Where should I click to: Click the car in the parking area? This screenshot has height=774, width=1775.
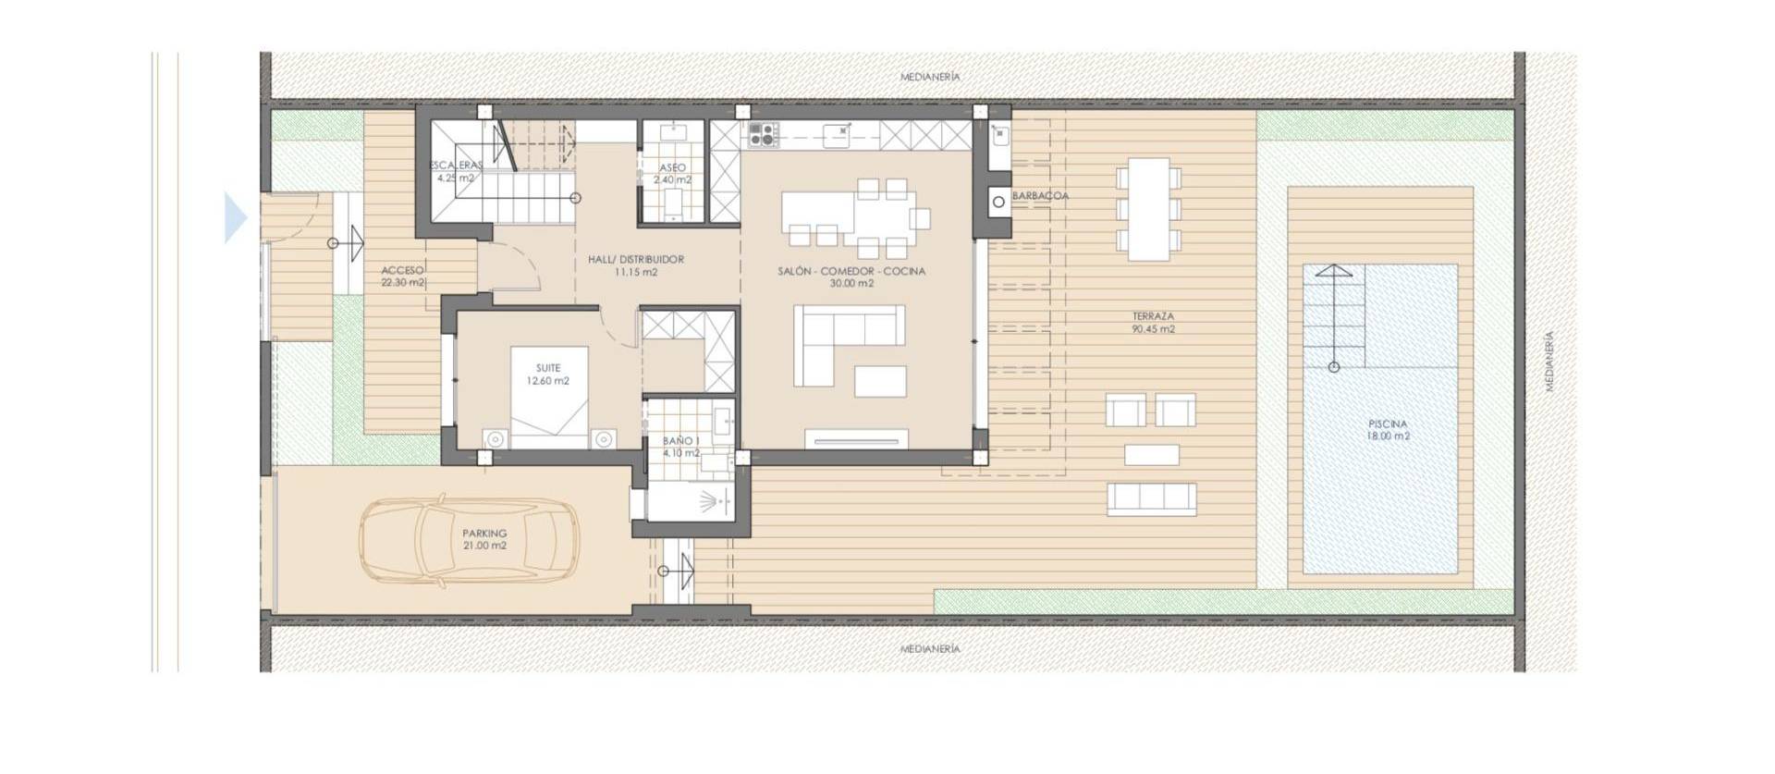coord(471,542)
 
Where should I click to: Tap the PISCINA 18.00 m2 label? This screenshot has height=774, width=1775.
coord(1389,430)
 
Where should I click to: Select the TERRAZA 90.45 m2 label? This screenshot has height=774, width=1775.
coord(1153,323)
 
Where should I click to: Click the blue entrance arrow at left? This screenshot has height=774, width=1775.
coord(236,219)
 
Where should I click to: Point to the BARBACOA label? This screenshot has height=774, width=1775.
coord(1040,196)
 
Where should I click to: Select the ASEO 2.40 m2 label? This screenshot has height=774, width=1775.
coord(672,174)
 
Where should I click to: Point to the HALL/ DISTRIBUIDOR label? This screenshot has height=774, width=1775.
coord(636,265)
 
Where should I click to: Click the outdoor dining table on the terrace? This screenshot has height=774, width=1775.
coord(1148,209)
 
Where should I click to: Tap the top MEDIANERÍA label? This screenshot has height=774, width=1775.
coord(930,77)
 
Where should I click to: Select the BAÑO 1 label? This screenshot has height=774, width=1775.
coord(680,448)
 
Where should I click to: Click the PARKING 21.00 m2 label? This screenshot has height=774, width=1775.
coord(484,539)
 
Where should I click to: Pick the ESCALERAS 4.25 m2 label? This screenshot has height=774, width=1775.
coord(456,172)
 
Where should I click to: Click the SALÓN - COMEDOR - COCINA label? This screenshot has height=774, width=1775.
coord(851,277)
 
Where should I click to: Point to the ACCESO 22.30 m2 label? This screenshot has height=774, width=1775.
coord(403,276)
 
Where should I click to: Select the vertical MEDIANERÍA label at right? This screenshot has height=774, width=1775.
coord(1550,362)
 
